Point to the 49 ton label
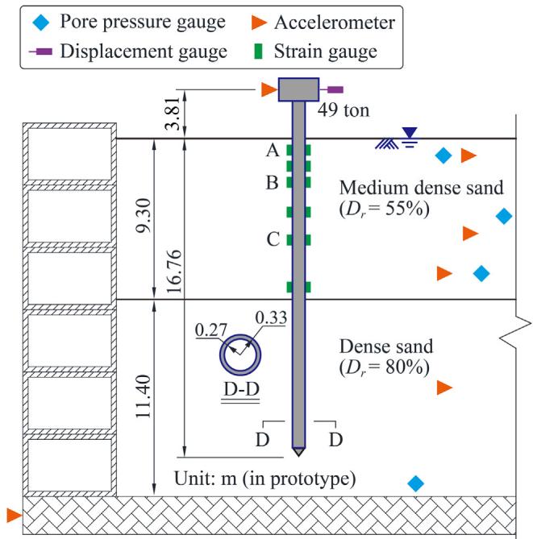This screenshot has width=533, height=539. (345, 110)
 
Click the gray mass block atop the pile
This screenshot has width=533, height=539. (298, 89)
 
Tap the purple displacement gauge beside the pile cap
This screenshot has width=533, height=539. (334, 89)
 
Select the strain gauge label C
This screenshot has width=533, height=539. (273, 239)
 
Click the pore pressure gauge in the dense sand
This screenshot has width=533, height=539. (416, 483)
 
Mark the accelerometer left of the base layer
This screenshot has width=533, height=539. (12, 513)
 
